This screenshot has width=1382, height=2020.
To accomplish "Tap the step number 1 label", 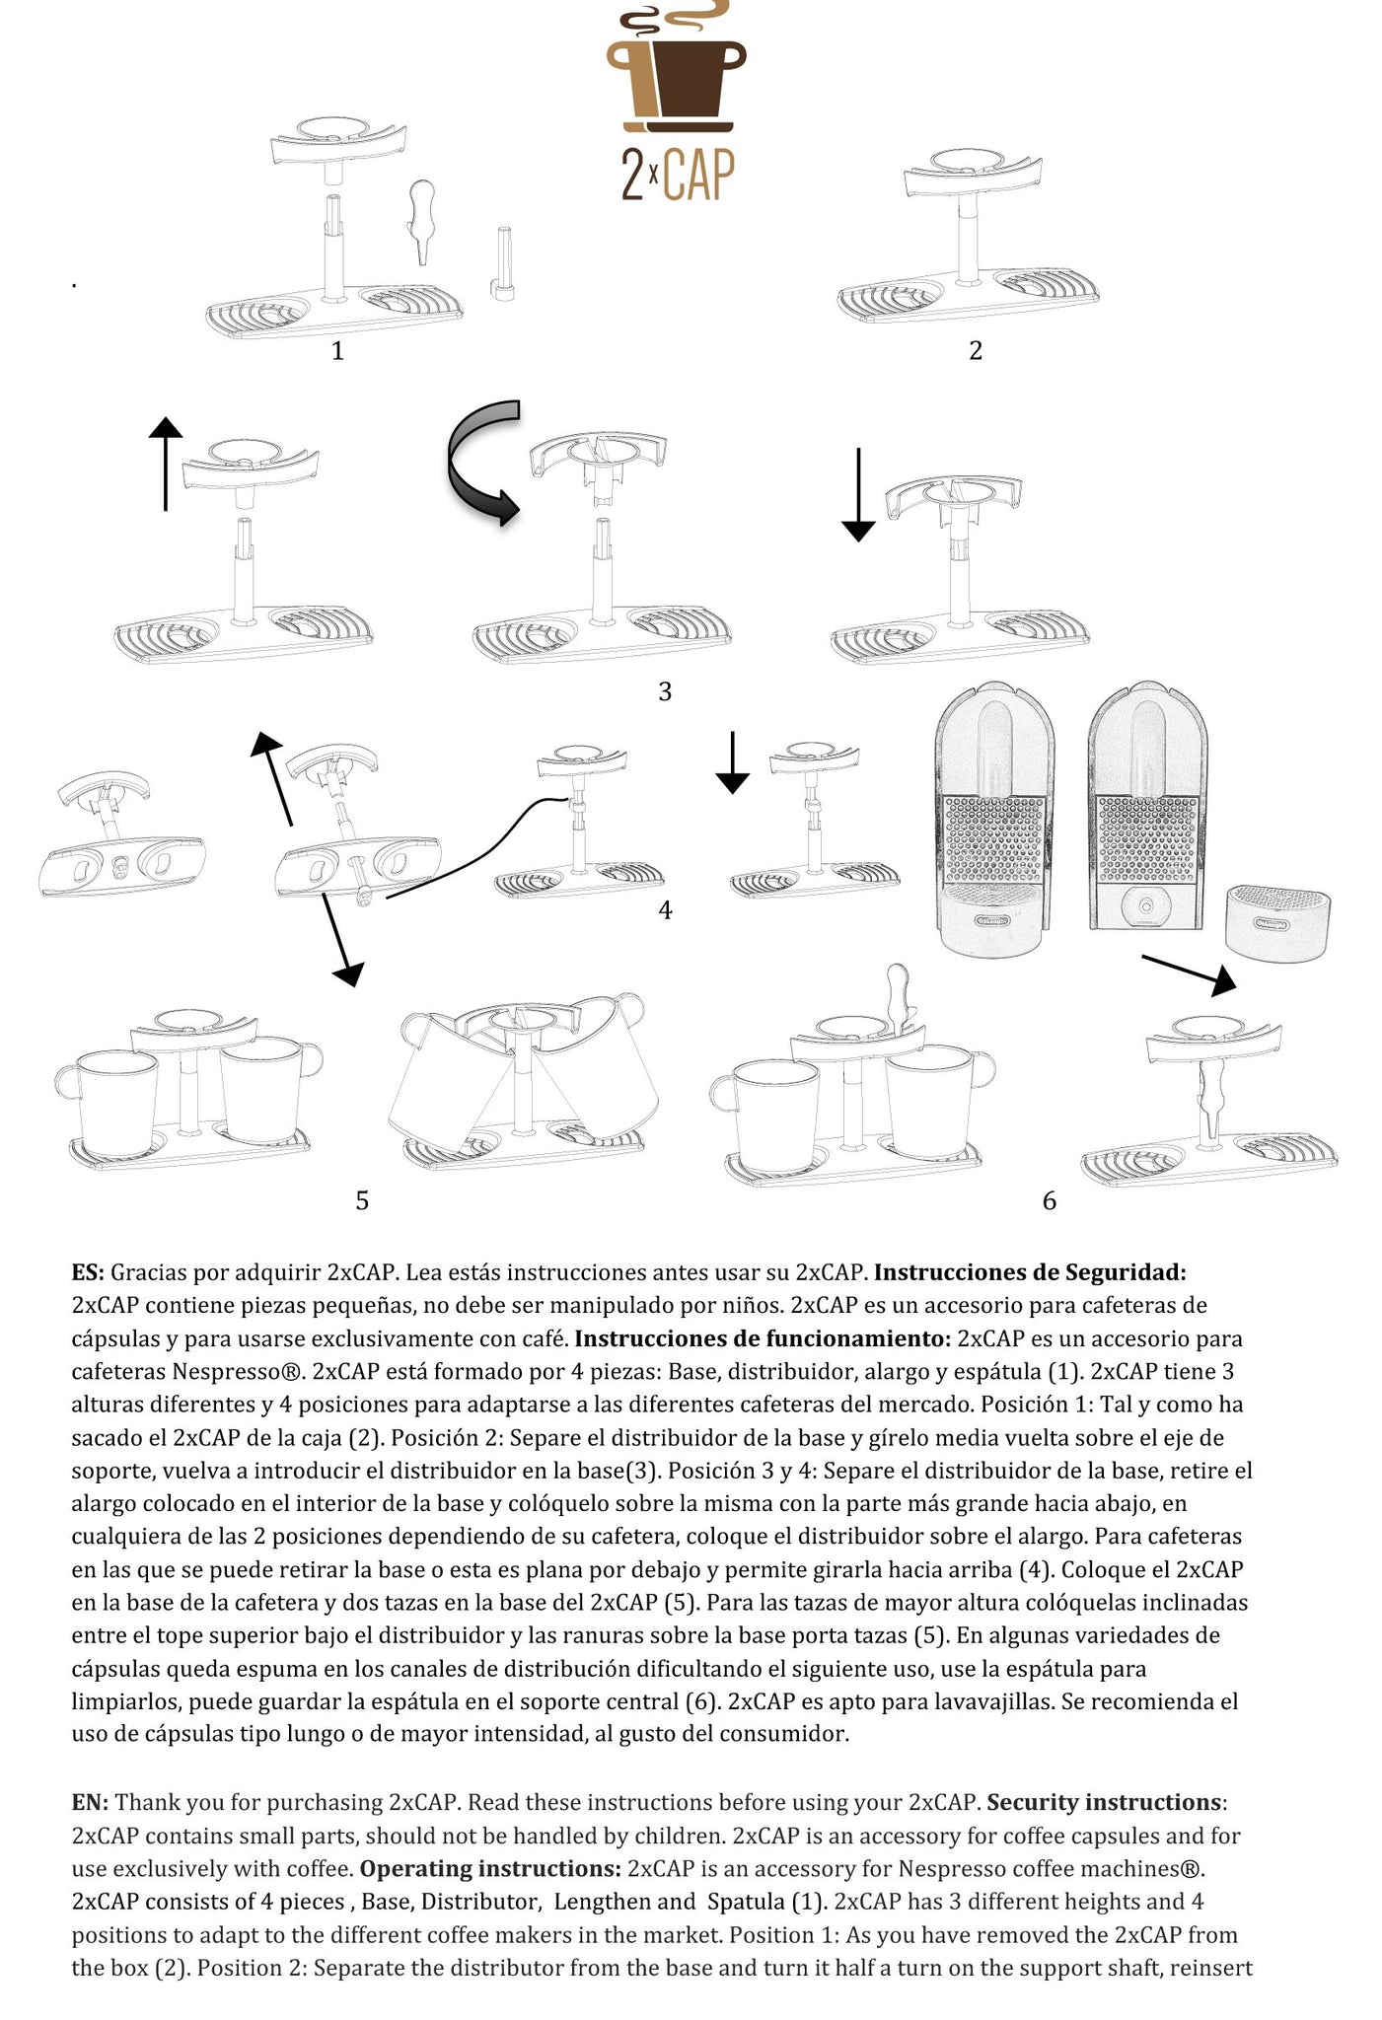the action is [337, 350].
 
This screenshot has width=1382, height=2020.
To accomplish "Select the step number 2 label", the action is [976, 350].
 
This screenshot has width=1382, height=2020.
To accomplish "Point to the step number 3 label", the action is [665, 691].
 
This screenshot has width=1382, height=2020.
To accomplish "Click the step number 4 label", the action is [665, 909].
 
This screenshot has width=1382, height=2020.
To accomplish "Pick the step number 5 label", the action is [362, 1200].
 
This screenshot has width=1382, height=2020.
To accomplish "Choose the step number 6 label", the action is [1049, 1200].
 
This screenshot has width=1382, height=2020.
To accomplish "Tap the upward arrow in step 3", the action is [165, 464].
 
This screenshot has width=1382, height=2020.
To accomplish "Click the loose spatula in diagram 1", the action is [422, 221].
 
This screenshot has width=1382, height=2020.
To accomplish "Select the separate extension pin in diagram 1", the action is [502, 261].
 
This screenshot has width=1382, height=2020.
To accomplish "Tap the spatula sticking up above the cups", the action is [898, 996].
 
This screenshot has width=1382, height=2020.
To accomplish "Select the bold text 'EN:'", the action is [90, 1802].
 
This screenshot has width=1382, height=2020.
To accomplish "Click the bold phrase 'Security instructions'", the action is [1104, 1802].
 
